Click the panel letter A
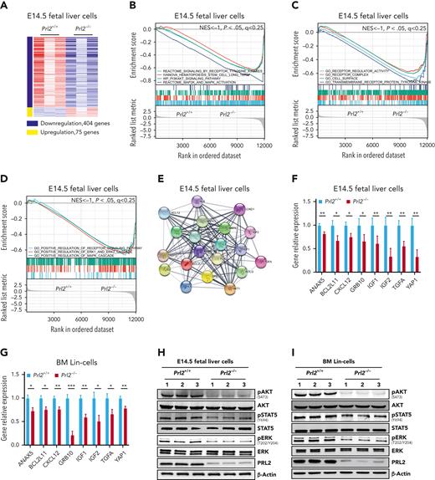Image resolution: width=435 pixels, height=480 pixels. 5,6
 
